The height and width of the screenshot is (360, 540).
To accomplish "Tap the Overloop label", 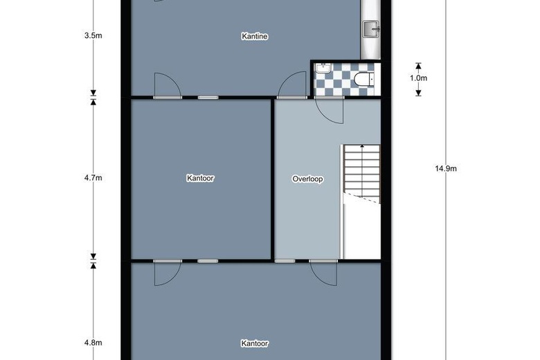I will pos(308,179).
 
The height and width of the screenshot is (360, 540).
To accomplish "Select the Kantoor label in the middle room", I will pos(200,178).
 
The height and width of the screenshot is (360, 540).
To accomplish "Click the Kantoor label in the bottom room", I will pos(255,343).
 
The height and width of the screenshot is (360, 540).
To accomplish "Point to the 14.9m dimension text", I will pos(447,168).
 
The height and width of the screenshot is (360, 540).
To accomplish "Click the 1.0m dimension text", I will pos(418,78).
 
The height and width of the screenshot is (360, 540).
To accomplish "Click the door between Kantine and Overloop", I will pos(292,84).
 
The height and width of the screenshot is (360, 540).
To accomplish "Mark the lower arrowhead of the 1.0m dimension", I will pos(418,93).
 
